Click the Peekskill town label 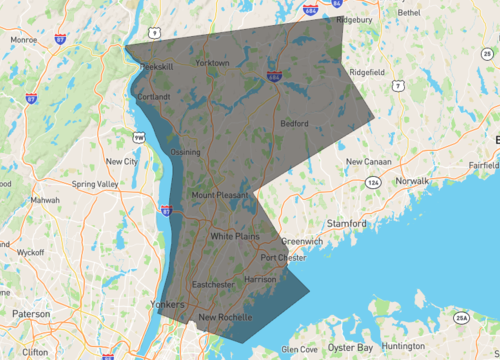(x=158, y=66)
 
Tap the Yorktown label (x=212, y=63)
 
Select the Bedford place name (x=294, y=124)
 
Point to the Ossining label (x=186, y=152)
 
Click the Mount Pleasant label (x=218, y=194)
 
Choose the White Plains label (x=235, y=236)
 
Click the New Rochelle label (x=226, y=318)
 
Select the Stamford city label (x=345, y=223)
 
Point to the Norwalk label (x=411, y=181)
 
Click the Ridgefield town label (x=367, y=72)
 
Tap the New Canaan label (x=367, y=161)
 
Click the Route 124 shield (x=373, y=183)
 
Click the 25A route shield (x=462, y=318)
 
